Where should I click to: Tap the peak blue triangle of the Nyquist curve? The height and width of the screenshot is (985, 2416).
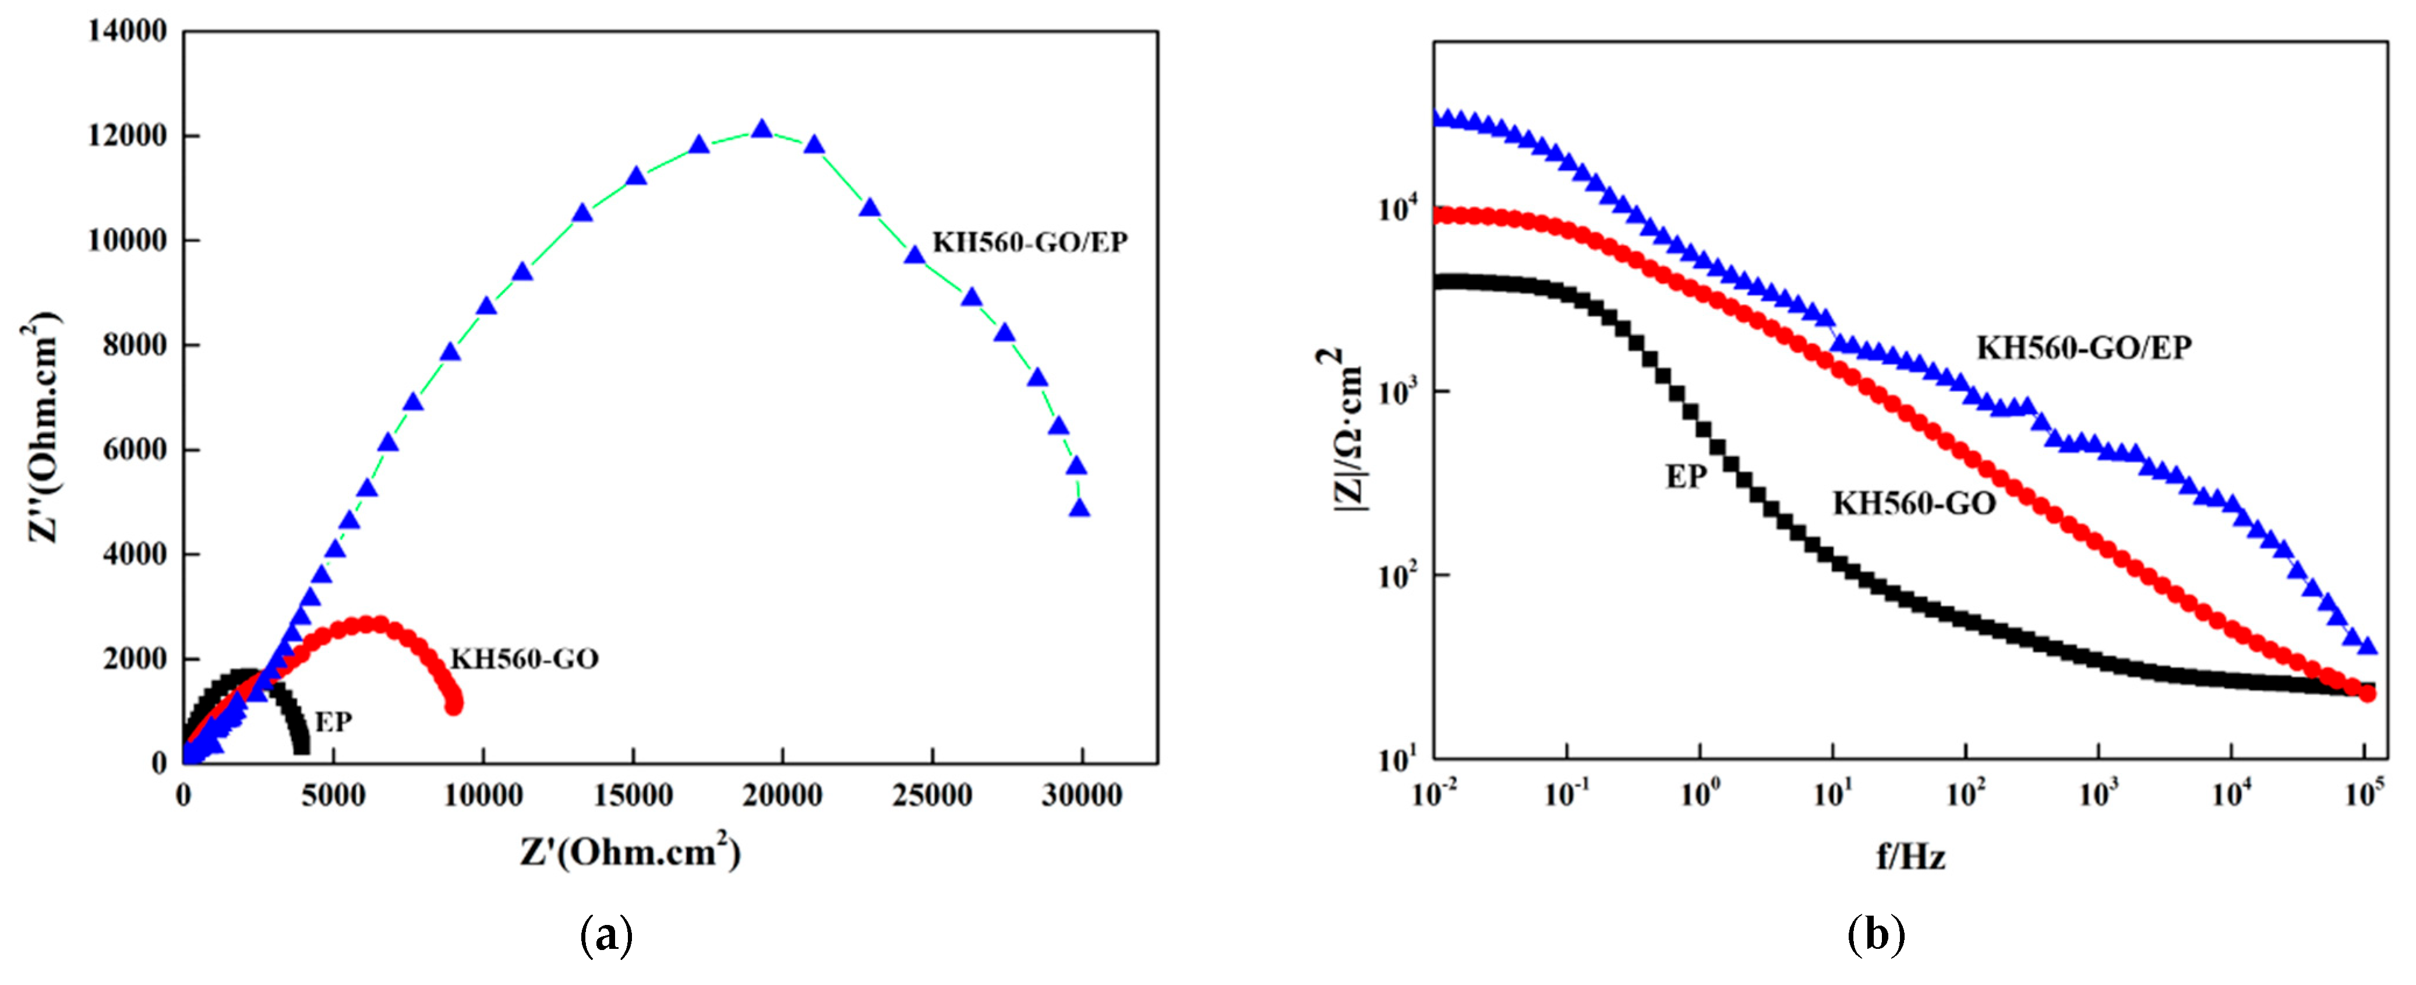click(x=762, y=129)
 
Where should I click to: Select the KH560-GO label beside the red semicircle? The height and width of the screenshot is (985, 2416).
click(x=524, y=659)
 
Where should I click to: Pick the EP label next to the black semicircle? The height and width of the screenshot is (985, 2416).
click(x=333, y=722)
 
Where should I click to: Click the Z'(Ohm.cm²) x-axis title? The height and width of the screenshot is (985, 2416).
click(x=630, y=852)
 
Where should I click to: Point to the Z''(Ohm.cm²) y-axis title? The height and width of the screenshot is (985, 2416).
click(x=42, y=427)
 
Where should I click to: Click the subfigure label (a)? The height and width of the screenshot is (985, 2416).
click(x=607, y=936)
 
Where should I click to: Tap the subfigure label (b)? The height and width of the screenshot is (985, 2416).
click(x=1875, y=936)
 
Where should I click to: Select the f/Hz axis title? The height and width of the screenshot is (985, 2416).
click(x=1910, y=856)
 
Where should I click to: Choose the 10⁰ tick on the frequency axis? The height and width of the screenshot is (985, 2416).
click(x=1698, y=796)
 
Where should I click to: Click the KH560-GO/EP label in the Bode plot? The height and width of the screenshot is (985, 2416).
click(x=2084, y=348)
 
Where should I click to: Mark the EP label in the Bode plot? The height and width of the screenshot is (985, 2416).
click(x=1686, y=477)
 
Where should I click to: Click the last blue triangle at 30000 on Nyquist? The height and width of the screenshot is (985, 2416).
click(x=1079, y=508)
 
